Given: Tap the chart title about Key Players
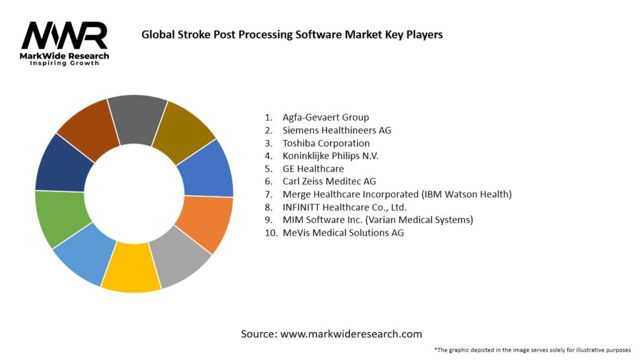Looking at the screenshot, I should coord(292,35).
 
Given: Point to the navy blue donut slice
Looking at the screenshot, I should coord(62,164).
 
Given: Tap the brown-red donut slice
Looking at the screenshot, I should coord(87,128).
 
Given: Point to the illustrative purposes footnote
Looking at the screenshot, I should coord(532,350).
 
